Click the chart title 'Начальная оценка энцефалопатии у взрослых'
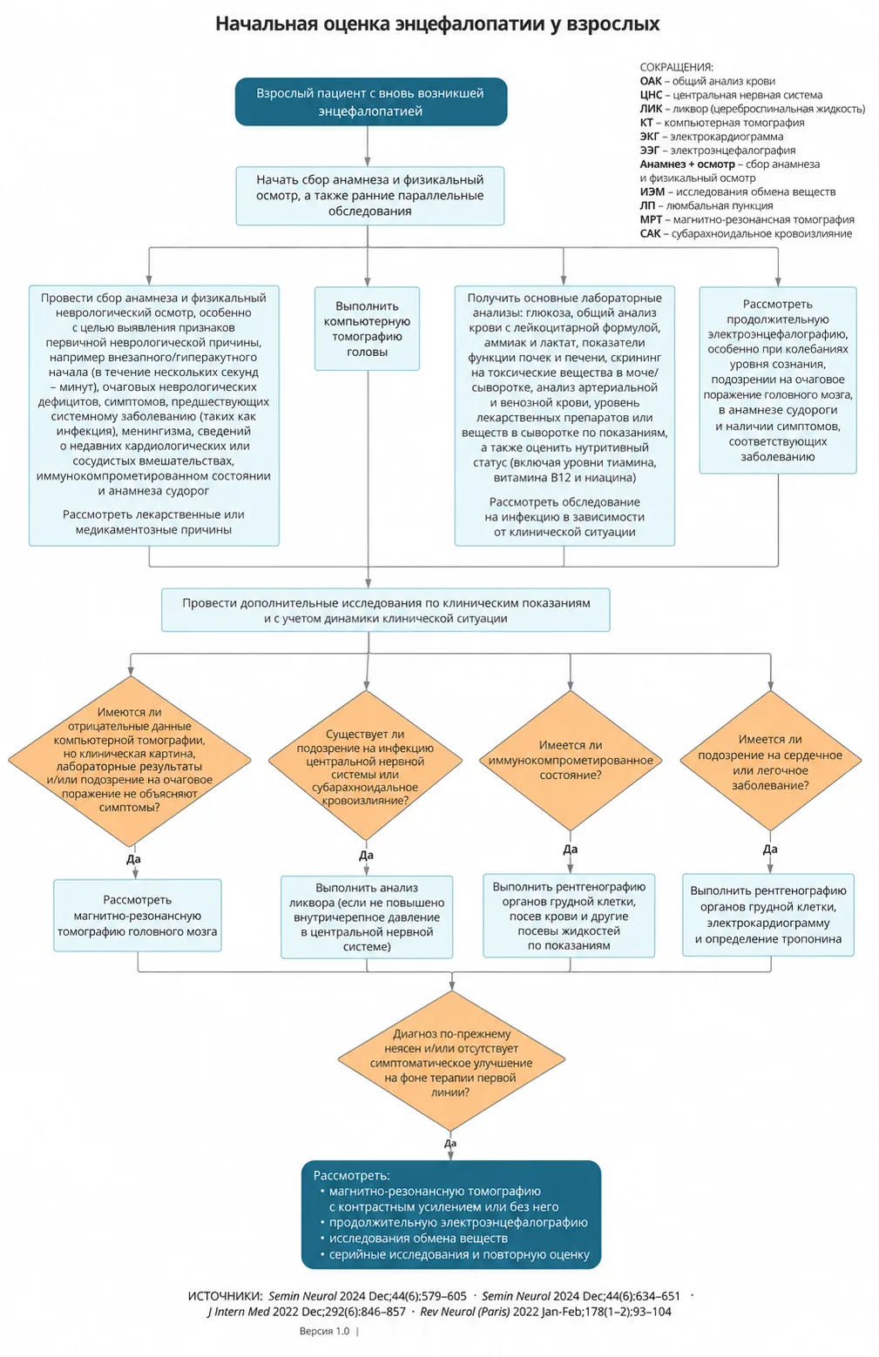pos(437,24)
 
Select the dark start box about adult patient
pos(371,102)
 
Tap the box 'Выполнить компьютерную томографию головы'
pos(367,328)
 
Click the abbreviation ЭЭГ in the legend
pos(649,151)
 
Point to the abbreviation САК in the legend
pos(650,234)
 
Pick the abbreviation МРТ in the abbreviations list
pos(651,220)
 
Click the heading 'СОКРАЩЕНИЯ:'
pos(677,67)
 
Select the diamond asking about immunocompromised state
pos(571,760)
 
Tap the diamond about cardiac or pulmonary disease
pos(770,760)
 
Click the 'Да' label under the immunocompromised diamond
pos(571,849)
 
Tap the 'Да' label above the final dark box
pos(450,1143)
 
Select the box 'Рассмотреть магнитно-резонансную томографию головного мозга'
pos(138,916)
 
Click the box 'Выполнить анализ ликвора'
pos(367,917)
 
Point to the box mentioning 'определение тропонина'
pos(768,915)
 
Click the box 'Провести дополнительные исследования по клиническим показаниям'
pos(386,610)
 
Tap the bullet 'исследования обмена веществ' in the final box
pos(418,1239)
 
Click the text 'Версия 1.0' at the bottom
pos(324,1331)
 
